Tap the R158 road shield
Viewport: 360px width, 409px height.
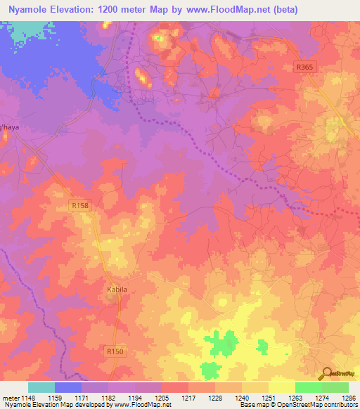80,206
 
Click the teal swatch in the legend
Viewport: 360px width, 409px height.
41,387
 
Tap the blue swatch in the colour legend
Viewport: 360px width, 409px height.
68,387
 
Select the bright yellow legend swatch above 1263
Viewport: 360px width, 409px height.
281,387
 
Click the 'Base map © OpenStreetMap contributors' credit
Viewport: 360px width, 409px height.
297,405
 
